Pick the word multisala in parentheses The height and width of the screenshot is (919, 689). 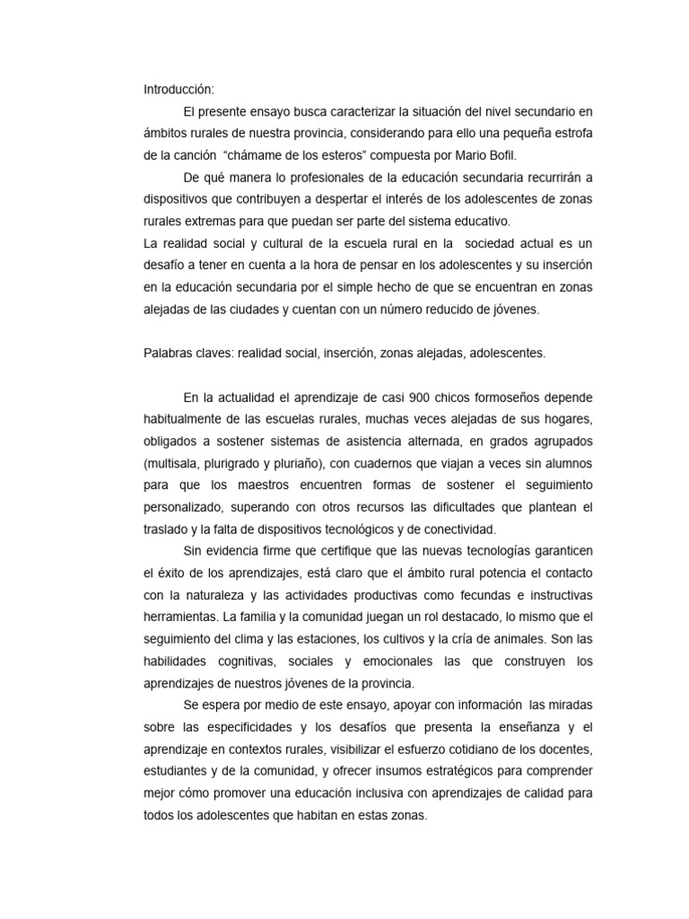176,463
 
